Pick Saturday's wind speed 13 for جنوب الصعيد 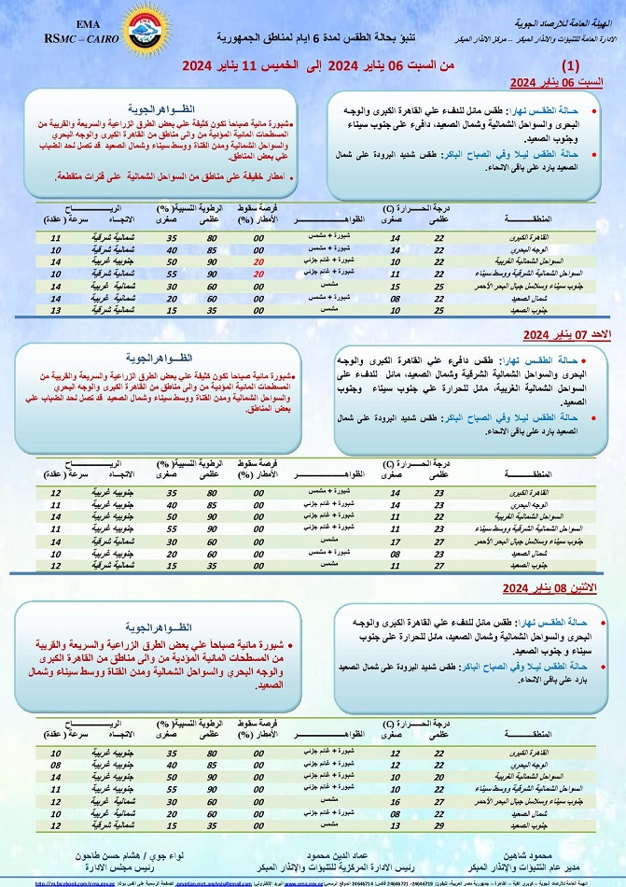[55, 309]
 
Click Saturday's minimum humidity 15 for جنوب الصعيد [172, 309]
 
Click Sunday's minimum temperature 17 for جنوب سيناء [396, 541]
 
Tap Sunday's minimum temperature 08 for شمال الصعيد [396, 553]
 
